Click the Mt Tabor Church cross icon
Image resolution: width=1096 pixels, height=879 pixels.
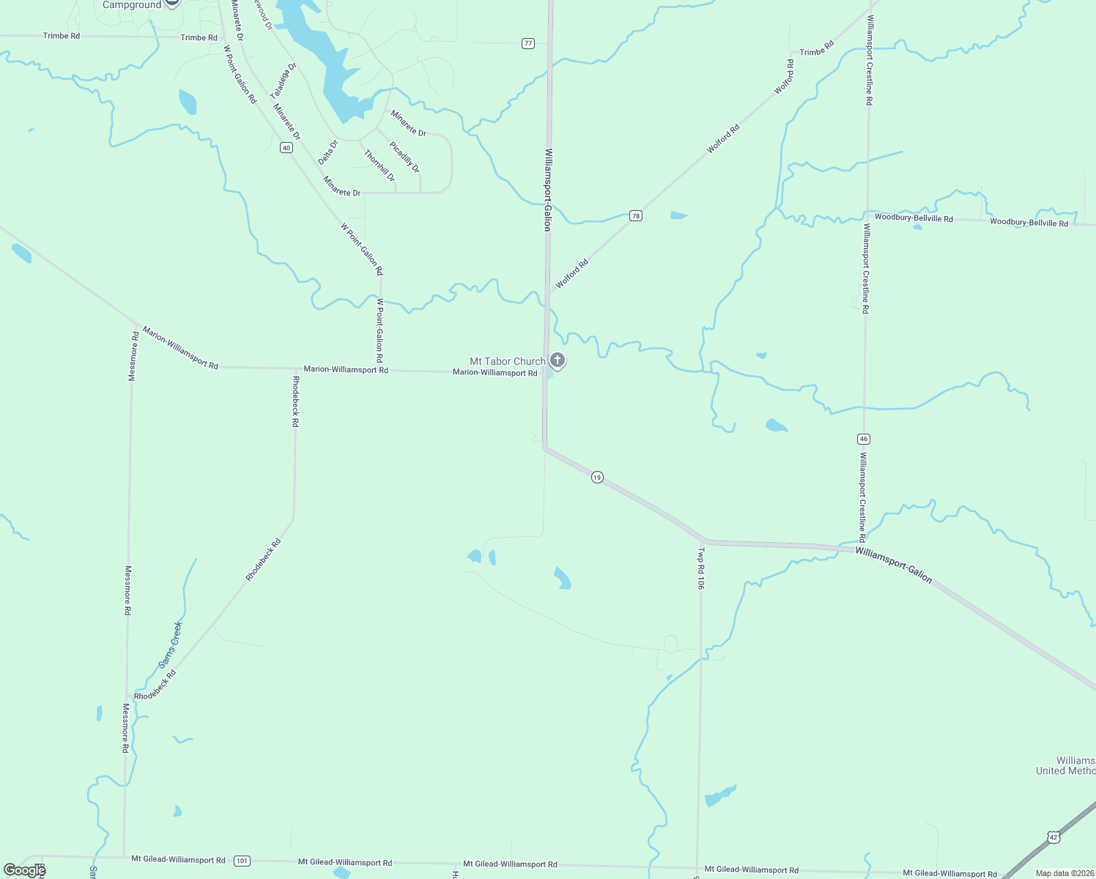(x=558, y=360)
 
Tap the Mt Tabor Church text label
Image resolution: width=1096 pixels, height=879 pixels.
(x=507, y=361)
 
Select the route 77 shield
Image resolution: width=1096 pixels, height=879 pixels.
(x=528, y=43)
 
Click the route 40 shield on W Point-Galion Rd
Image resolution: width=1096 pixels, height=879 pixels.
(x=286, y=147)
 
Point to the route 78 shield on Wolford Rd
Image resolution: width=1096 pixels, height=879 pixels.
(x=636, y=215)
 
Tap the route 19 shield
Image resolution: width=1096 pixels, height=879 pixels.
(x=597, y=478)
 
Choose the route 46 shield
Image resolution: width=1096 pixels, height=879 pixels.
(x=864, y=439)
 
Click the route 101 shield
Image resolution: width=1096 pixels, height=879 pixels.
(x=242, y=861)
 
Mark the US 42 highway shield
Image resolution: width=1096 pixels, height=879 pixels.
(x=1054, y=837)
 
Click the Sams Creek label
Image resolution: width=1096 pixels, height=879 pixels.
(x=170, y=645)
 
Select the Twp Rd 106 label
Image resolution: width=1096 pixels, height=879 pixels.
(x=701, y=568)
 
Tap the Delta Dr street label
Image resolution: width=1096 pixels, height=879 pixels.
(x=327, y=152)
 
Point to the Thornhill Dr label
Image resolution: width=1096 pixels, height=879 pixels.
(x=379, y=166)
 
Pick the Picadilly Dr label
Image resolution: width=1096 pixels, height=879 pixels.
(x=404, y=157)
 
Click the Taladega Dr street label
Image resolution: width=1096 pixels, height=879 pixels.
(x=283, y=81)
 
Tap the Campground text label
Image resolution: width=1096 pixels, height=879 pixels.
(x=131, y=5)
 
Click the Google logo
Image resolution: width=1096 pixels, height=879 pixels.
(x=24, y=870)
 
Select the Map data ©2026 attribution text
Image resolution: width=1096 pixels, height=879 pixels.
(x=1064, y=873)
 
